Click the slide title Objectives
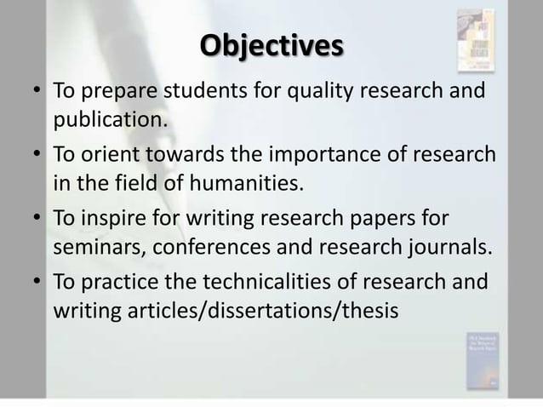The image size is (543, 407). tap(271, 43)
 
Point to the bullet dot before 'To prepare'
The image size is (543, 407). tap(39, 91)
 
